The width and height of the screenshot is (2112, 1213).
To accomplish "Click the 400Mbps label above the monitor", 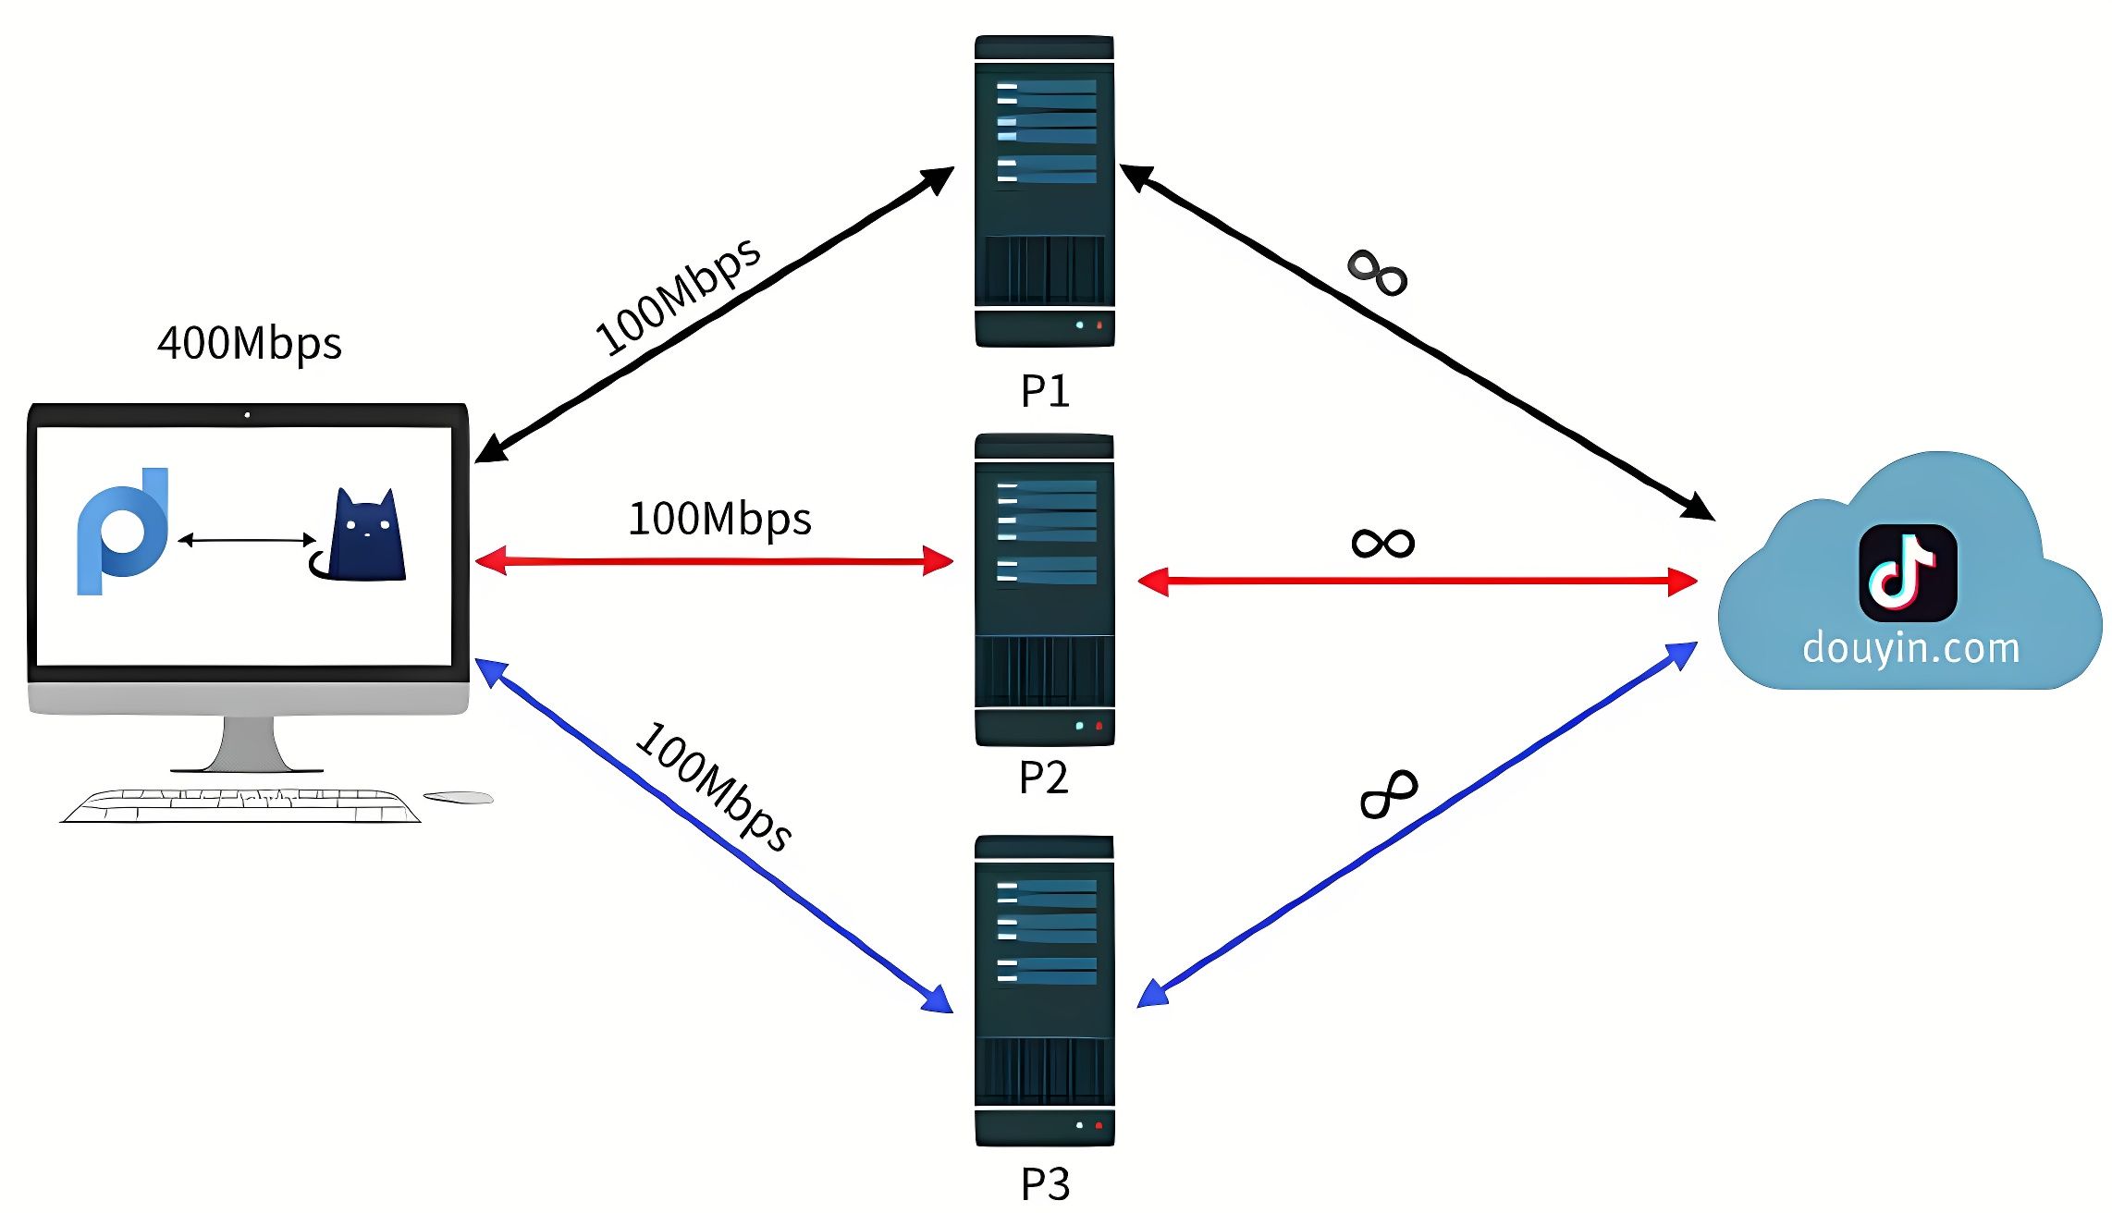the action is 250,343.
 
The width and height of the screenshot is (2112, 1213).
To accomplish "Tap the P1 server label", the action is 1045,390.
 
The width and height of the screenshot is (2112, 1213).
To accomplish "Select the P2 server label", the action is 1043,778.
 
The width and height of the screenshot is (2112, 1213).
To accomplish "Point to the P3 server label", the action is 1045,1183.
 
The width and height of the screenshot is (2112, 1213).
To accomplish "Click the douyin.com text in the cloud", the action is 1910,648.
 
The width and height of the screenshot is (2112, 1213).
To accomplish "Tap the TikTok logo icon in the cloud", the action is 1908,573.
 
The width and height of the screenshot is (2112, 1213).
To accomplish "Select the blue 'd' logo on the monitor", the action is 122,531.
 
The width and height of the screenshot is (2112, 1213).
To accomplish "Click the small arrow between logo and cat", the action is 247,539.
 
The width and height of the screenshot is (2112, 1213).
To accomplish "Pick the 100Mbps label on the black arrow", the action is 679,295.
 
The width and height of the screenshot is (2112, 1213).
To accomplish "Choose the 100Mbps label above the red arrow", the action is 719,519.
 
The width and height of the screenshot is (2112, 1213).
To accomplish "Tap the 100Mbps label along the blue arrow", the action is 713,786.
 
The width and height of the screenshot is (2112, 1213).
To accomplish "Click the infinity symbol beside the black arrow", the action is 1378,273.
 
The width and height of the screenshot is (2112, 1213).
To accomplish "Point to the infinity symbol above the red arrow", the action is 1382,543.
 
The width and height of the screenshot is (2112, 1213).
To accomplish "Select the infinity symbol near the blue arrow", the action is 1389,794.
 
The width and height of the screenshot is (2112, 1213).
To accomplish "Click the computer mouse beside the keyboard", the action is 459,797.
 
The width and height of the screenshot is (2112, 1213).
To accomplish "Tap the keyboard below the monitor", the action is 240,805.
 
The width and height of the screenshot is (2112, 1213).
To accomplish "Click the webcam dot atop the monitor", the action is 247,415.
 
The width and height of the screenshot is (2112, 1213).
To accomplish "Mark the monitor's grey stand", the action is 248,744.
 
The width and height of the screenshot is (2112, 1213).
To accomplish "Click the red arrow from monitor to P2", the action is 714,560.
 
